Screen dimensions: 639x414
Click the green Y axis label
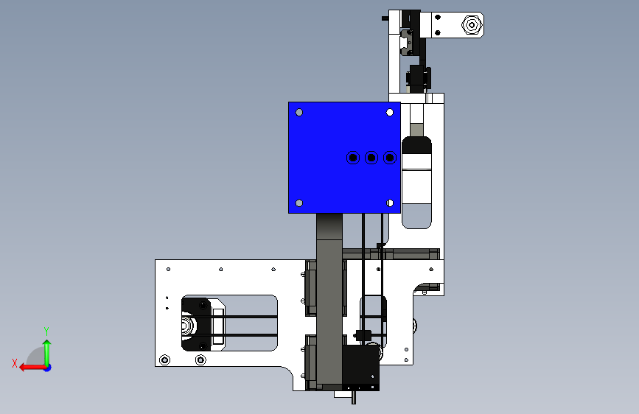click(x=46, y=331)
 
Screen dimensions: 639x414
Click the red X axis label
click(x=15, y=363)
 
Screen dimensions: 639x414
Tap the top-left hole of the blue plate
click(x=299, y=113)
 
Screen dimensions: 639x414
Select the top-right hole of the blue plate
click(x=390, y=113)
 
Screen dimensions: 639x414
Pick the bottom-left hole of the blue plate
click(x=299, y=203)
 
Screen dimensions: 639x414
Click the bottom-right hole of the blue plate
click(x=390, y=203)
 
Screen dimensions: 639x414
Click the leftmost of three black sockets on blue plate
click(x=353, y=158)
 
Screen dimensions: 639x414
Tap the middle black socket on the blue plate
click(x=371, y=158)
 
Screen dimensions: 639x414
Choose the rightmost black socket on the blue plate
click(x=390, y=158)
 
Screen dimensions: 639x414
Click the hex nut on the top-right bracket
click(x=472, y=25)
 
